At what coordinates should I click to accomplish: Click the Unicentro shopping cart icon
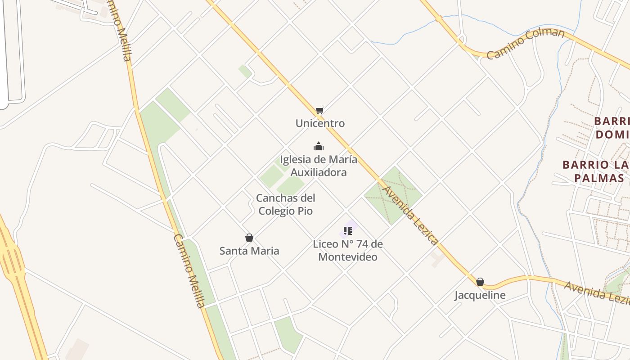point(319,110)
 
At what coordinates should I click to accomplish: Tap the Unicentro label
point(320,123)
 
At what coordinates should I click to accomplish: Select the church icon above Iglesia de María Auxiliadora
point(319,146)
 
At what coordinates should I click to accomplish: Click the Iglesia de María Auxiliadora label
point(319,166)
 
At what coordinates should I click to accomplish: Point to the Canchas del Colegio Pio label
point(285,204)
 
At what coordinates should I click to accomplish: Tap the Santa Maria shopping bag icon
point(249,238)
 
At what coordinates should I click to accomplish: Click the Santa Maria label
point(249,251)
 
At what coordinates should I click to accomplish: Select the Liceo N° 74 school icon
point(347,231)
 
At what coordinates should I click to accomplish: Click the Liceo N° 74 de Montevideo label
point(348,251)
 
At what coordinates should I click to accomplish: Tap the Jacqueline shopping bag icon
point(480,282)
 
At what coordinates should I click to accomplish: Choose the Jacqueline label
point(480,295)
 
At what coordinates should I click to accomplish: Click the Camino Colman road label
point(526,43)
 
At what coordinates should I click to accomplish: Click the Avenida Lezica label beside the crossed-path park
point(409,216)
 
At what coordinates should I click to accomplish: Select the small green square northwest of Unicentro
point(245,71)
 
